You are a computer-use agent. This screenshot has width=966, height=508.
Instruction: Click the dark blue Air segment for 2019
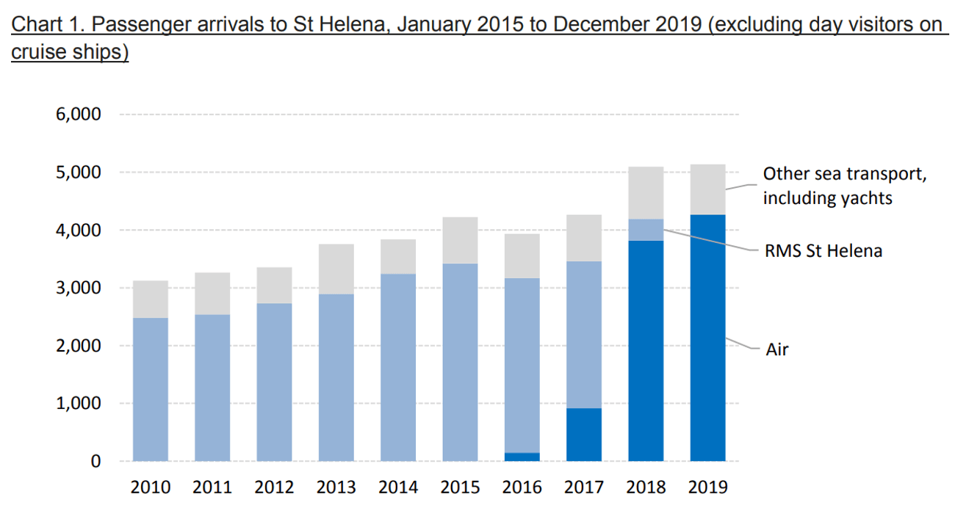[x=707, y=338]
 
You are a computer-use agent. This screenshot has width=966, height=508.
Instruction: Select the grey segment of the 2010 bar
[x=151, y=299]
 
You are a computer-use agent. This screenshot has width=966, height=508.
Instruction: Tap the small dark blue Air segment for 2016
[x=522, y=457]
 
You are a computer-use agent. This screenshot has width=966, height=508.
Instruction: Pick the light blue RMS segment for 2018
[x=646, y=230]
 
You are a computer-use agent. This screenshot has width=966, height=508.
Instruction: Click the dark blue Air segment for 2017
[x=584, y=435]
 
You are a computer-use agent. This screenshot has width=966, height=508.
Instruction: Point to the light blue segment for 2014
[x=398, y=367]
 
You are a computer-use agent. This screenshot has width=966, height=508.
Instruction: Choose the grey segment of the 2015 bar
[x=460, y=240]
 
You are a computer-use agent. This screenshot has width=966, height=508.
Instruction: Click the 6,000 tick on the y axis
[x=76, y=115]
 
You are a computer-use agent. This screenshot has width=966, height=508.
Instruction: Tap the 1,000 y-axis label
[x=76, y=404]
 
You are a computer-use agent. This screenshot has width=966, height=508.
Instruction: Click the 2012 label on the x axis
[x=274, y=487]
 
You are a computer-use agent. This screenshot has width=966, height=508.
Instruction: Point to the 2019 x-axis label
[x=707, y=487]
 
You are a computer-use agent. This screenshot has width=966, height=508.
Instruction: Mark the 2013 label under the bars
[x=336, y=487]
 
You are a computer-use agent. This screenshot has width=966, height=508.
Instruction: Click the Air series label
[x=776, y=349]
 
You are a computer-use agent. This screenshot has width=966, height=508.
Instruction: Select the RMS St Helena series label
[x=822, y=251]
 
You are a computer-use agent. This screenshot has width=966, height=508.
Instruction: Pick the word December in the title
[x=599, y=25]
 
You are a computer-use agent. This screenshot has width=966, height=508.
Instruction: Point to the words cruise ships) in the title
[x=70, y=54]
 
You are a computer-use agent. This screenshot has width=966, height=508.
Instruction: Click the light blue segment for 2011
[x=212, y=388]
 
